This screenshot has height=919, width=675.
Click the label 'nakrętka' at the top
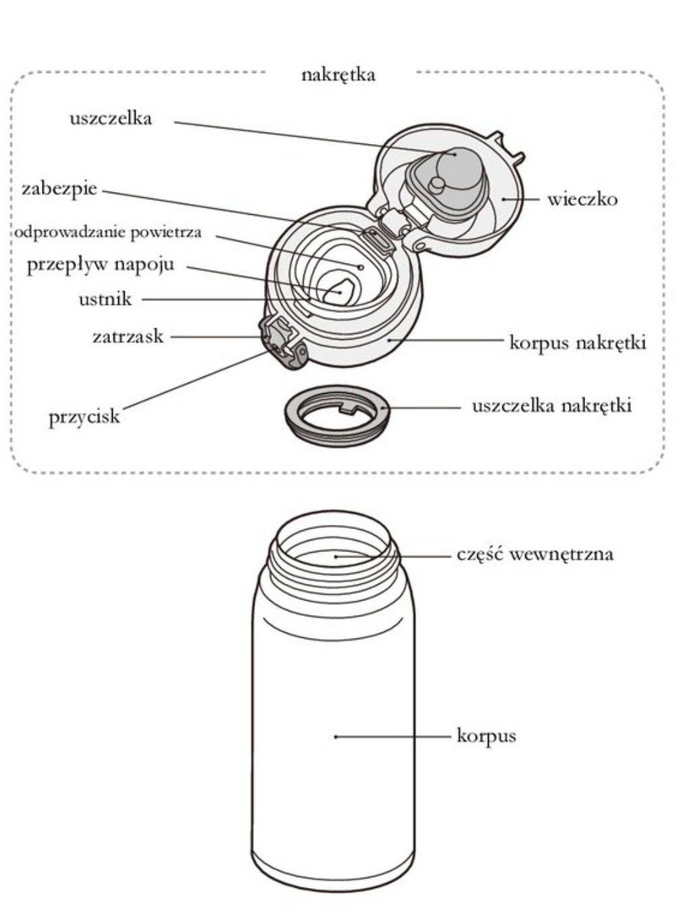(x=337, y=74)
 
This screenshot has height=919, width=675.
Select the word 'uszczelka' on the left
(x=111, y=119)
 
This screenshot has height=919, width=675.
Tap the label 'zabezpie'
(x=59, y=189)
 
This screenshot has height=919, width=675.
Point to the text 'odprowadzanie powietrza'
(x=108, y=232)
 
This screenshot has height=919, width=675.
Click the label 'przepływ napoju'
(x=101, y=264)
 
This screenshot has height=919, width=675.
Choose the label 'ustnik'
(x=105, y=299)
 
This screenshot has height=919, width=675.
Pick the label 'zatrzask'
(x=128, y=336)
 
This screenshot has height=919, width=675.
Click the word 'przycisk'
(x=84, y=416)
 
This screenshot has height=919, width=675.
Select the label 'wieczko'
(x=582, y=199)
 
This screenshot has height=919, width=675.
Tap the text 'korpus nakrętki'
(x=578, y=343)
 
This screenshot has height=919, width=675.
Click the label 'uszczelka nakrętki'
(x=551, y=406)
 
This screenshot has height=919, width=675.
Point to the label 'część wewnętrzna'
(x=535, y=555)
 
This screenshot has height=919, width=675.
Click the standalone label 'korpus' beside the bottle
(x=486, y=735)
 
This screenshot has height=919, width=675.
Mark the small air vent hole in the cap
(x=360, y=266)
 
